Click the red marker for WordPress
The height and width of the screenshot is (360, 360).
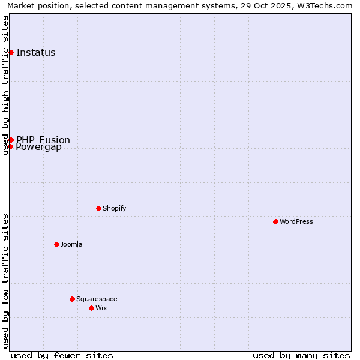click(275, 221)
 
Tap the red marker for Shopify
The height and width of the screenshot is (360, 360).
click(98, 208)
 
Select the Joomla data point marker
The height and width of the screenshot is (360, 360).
click(56, 244)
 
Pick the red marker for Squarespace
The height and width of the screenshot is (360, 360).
click(72, 299)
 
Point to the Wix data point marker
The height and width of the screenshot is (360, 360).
click(91, 308)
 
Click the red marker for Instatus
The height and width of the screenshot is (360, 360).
click(11, 52)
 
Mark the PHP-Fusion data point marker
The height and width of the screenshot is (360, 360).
click(11, 140)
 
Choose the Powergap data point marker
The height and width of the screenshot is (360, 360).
click(10, 146)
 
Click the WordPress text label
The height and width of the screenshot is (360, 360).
click(296, 221)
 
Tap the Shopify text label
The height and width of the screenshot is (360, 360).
click(114, 208)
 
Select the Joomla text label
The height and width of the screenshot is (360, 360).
click(71, 244)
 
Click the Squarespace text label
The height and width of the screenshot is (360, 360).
click(97, 299)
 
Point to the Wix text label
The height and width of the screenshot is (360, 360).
click(101, 308)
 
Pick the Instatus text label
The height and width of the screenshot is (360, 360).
click(36, 52)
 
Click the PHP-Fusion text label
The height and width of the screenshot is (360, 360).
click(43, 140)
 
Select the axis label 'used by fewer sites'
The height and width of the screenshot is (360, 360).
click(62, 355)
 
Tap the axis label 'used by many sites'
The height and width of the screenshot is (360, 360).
click(301, 355)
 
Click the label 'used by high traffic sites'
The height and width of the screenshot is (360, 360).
click(5, 85)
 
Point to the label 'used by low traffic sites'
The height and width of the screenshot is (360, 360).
click(5, 281)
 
